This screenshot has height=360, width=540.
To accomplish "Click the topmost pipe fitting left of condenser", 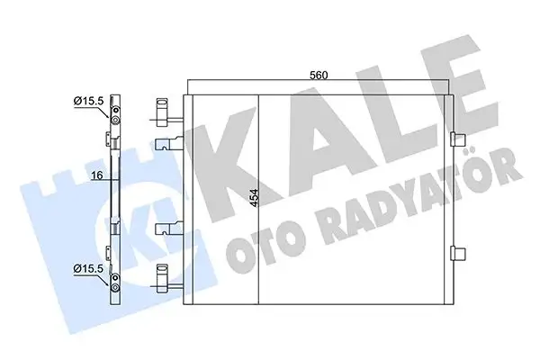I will pyautogui.click(x=165, y=104).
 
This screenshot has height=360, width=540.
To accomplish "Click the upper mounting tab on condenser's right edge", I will pyautogui.click(x=458, y=139).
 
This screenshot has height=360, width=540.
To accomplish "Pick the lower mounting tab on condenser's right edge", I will pyautogui.click(x=458, y=253).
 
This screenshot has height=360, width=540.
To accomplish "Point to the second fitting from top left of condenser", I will pyautogui.click(x=170, y=143).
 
